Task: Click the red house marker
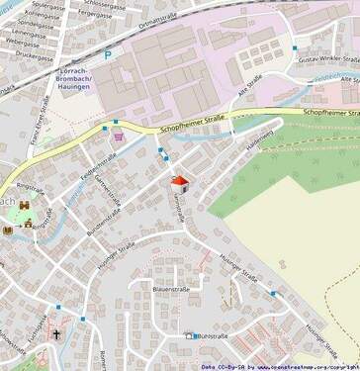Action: point(179,185)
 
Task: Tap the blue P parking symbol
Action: point(108,55)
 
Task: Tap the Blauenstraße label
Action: point(170,289)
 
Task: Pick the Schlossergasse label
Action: point(112,4)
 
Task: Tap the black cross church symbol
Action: point(57,334)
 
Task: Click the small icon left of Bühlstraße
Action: point(190,336)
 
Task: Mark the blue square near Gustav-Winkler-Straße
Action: point(295,46)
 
